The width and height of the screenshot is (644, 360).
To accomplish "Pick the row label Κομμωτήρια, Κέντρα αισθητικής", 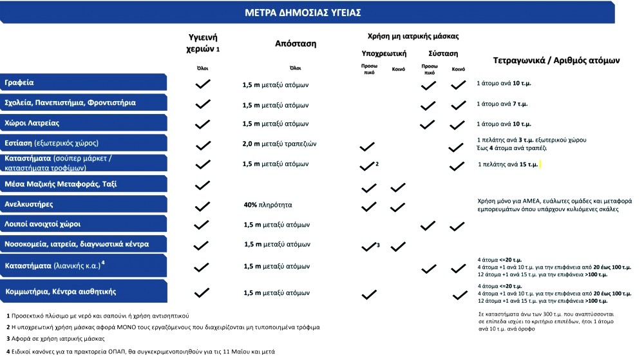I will [61, 292].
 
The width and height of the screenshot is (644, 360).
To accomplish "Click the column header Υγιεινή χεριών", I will [202, 43].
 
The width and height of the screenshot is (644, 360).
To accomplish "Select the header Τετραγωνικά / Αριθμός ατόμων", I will [556, 60].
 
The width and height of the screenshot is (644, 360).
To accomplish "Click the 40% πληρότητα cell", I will [268, 205].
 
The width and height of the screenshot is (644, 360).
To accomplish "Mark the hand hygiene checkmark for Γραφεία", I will [203, 84].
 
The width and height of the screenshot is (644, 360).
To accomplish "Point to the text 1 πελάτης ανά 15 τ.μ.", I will [508, 165].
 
